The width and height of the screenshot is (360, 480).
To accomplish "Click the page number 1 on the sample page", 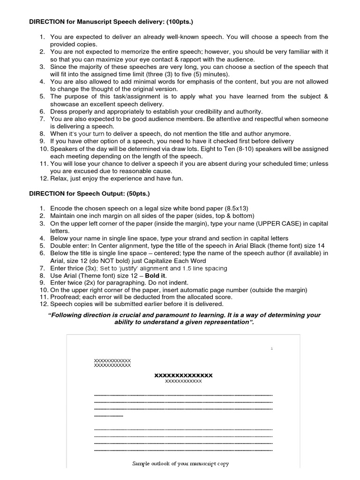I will pos(271,348).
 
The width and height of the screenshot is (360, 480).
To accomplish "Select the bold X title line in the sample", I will pos(183,375).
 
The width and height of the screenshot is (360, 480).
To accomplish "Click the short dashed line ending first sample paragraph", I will pos(108,415).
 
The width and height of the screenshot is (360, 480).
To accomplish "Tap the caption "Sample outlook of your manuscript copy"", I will pos(180,464).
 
